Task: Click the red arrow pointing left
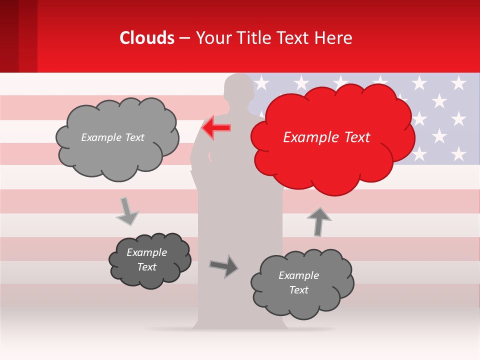tap(216, 127)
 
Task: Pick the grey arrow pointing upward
tap(318, 221)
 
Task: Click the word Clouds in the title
tap(147, 38)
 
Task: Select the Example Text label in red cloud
tap(326, 137)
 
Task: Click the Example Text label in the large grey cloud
tap(112, 137)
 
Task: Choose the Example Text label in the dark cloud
tap(146, 259)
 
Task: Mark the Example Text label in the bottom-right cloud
tap(298, 282)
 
